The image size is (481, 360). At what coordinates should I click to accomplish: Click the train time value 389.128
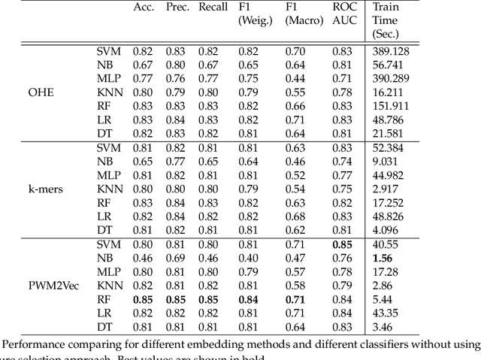[389, 51]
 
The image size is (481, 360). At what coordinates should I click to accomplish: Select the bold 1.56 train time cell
[382, 257]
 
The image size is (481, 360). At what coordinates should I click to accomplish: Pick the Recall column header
[213, 8]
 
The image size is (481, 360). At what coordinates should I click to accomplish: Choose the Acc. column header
[143, 8]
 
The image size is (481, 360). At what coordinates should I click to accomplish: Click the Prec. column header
[177, 8]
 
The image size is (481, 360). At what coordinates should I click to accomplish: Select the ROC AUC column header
[343, 14]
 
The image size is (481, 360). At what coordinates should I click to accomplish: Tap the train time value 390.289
[389, 78]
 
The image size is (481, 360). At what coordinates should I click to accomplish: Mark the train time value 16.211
[386, 92]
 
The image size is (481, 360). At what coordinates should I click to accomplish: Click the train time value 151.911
[389, 106]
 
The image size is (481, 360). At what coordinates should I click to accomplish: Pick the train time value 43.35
[383, 312]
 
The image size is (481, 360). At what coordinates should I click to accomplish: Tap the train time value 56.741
[386, 65]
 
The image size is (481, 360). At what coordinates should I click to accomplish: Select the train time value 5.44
[381, 298]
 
